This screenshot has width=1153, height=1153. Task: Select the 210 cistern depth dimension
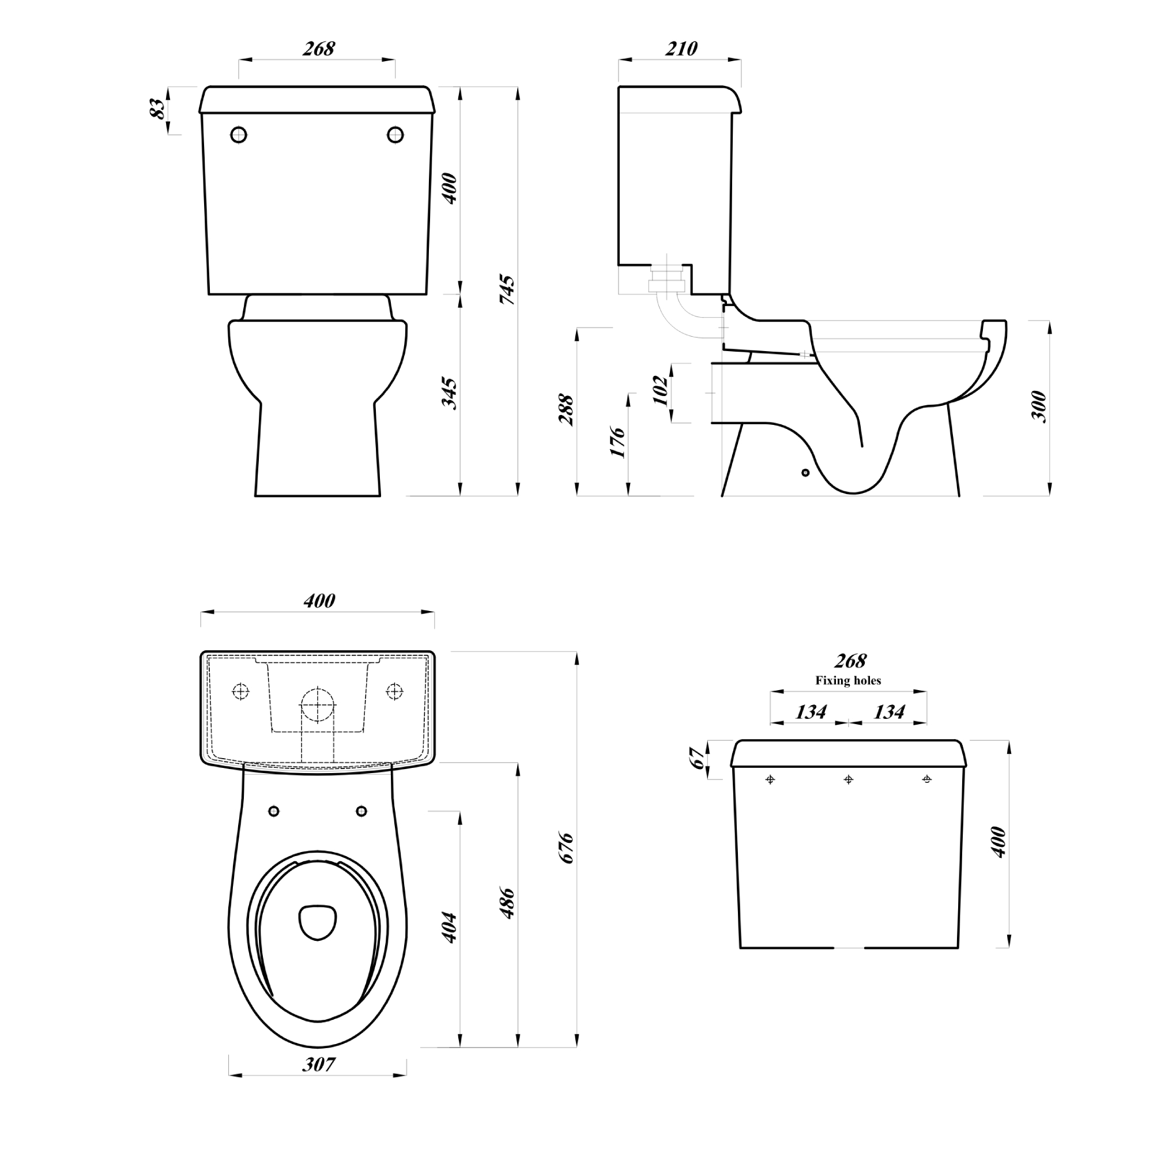click(681, 48)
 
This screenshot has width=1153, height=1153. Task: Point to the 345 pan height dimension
click(449, 393)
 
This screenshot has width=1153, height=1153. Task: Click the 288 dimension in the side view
click(566, 410)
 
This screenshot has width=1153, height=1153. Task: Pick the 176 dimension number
click(618, 443)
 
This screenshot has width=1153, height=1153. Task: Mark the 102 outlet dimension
click(661, 390)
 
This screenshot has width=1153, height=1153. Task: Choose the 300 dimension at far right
click(1039, 407)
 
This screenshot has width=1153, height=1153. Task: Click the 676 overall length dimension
click(565, 848)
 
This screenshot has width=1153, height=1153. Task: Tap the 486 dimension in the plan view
click(507, 903)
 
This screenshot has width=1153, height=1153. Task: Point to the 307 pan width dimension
click(318, 1064)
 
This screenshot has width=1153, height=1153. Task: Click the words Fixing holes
click(848, 680)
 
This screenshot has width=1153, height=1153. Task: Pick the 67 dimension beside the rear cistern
click(697, 759)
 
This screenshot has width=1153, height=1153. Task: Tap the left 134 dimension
click(811, 711)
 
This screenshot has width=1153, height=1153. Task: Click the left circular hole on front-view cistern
click(239, 135)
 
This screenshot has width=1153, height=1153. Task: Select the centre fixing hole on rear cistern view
click(849, 779)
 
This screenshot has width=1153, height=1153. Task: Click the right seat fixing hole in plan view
click(361, 811)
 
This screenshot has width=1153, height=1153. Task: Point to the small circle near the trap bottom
click(806, 473)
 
